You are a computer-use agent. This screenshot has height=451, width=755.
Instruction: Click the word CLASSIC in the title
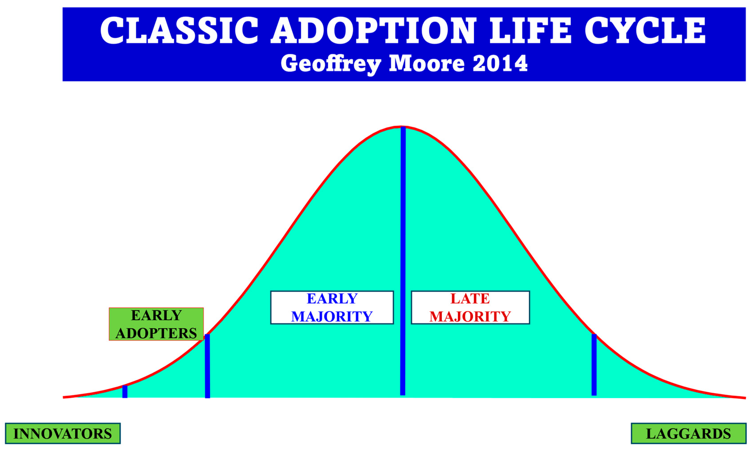click(x=179, y=30)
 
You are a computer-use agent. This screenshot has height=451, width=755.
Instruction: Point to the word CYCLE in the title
click(x=645, y=30)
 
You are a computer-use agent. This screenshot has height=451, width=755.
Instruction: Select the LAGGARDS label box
click(x=688, y=433)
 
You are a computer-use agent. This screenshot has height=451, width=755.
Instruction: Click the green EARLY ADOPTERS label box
click(x=156, y=324)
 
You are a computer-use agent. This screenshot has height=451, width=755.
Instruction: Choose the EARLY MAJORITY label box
click(x=332, y=307)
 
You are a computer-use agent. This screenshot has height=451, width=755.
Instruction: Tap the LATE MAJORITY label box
click(x=470, y=307)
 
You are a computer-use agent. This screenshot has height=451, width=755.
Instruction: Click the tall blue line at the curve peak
click(x=403, y=261)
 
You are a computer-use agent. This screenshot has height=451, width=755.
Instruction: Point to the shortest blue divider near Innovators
click(x=125, y=391)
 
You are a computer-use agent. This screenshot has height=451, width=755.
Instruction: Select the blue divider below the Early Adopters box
click(x=207, y=366)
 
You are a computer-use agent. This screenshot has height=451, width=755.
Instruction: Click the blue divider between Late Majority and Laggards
click(x=594, y=365)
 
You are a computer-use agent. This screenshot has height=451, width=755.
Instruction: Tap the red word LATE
click(x=470, y=298)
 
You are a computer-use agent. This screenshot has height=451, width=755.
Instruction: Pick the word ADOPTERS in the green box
click(x=156, y=333)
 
